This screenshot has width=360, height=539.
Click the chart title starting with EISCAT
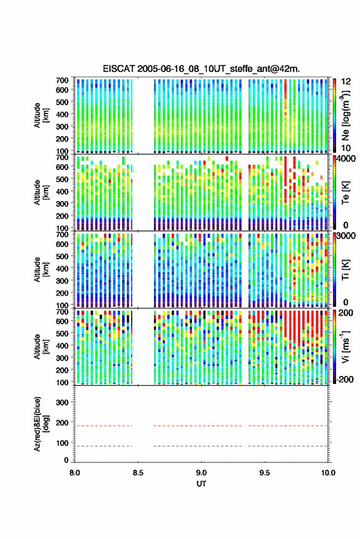point(201,69)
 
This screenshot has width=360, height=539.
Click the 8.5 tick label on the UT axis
point(138,473)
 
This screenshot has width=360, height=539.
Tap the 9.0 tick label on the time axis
point(201,473)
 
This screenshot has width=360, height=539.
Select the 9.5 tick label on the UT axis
point(264,473)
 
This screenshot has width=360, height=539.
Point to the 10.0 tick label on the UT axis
point(328,473)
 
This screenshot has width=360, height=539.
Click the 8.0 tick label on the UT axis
point(75,473)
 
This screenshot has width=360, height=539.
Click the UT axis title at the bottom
point(201,484)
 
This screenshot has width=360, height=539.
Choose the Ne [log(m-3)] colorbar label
point(345,115)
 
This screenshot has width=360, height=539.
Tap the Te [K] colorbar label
point(345,193)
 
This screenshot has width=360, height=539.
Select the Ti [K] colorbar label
point(345,270)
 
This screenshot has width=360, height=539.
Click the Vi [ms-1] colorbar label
point(345,346)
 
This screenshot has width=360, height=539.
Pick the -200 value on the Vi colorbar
point(345,379)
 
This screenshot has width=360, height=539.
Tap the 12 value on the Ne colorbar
point(346,82)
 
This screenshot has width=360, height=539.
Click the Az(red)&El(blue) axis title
point(40,424)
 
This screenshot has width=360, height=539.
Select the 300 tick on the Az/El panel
point(62,402)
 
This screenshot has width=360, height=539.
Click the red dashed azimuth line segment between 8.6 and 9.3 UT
point(197,426)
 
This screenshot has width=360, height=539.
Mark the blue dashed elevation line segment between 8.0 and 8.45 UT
point(104,446)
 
